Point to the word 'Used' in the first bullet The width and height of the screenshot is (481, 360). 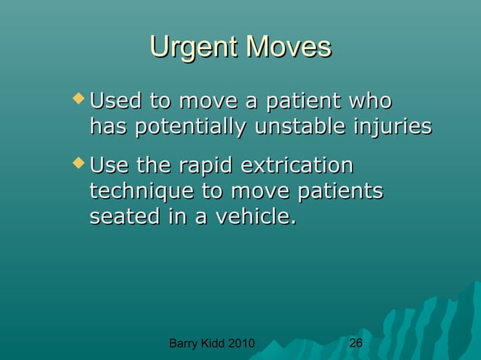pos(114,100)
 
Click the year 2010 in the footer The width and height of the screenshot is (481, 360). pos(240,344)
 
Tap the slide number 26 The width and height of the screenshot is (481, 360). pos(356,343)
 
